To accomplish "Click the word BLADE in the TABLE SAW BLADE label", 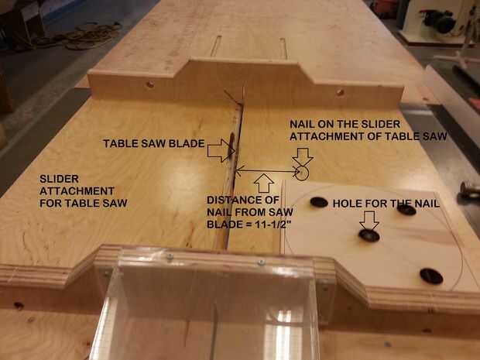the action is pyautogui.click(x=188, y=143).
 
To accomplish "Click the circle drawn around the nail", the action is pyautogui.click(x=302, y=173).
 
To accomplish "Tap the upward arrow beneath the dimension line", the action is pyautogui.click(x=264, y=183).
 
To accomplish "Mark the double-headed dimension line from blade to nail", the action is pyautogui.click(x=267, y=171).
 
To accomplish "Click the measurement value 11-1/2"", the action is pyautogui.click(x=273, y=225).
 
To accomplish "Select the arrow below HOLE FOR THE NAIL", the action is pyautogui.click(x=369, y=220).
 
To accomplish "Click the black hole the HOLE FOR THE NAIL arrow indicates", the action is pyautogui.click(x=369, y=235).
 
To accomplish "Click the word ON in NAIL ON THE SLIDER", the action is pyautogui.click(x=327, y=125).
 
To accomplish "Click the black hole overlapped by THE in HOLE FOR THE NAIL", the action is pyautogui.click(x=406, y=210).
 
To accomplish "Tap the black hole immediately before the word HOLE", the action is pyautogui.click(x=319, y=202).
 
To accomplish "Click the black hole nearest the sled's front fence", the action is pyautogui.click(x=431, y=276).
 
